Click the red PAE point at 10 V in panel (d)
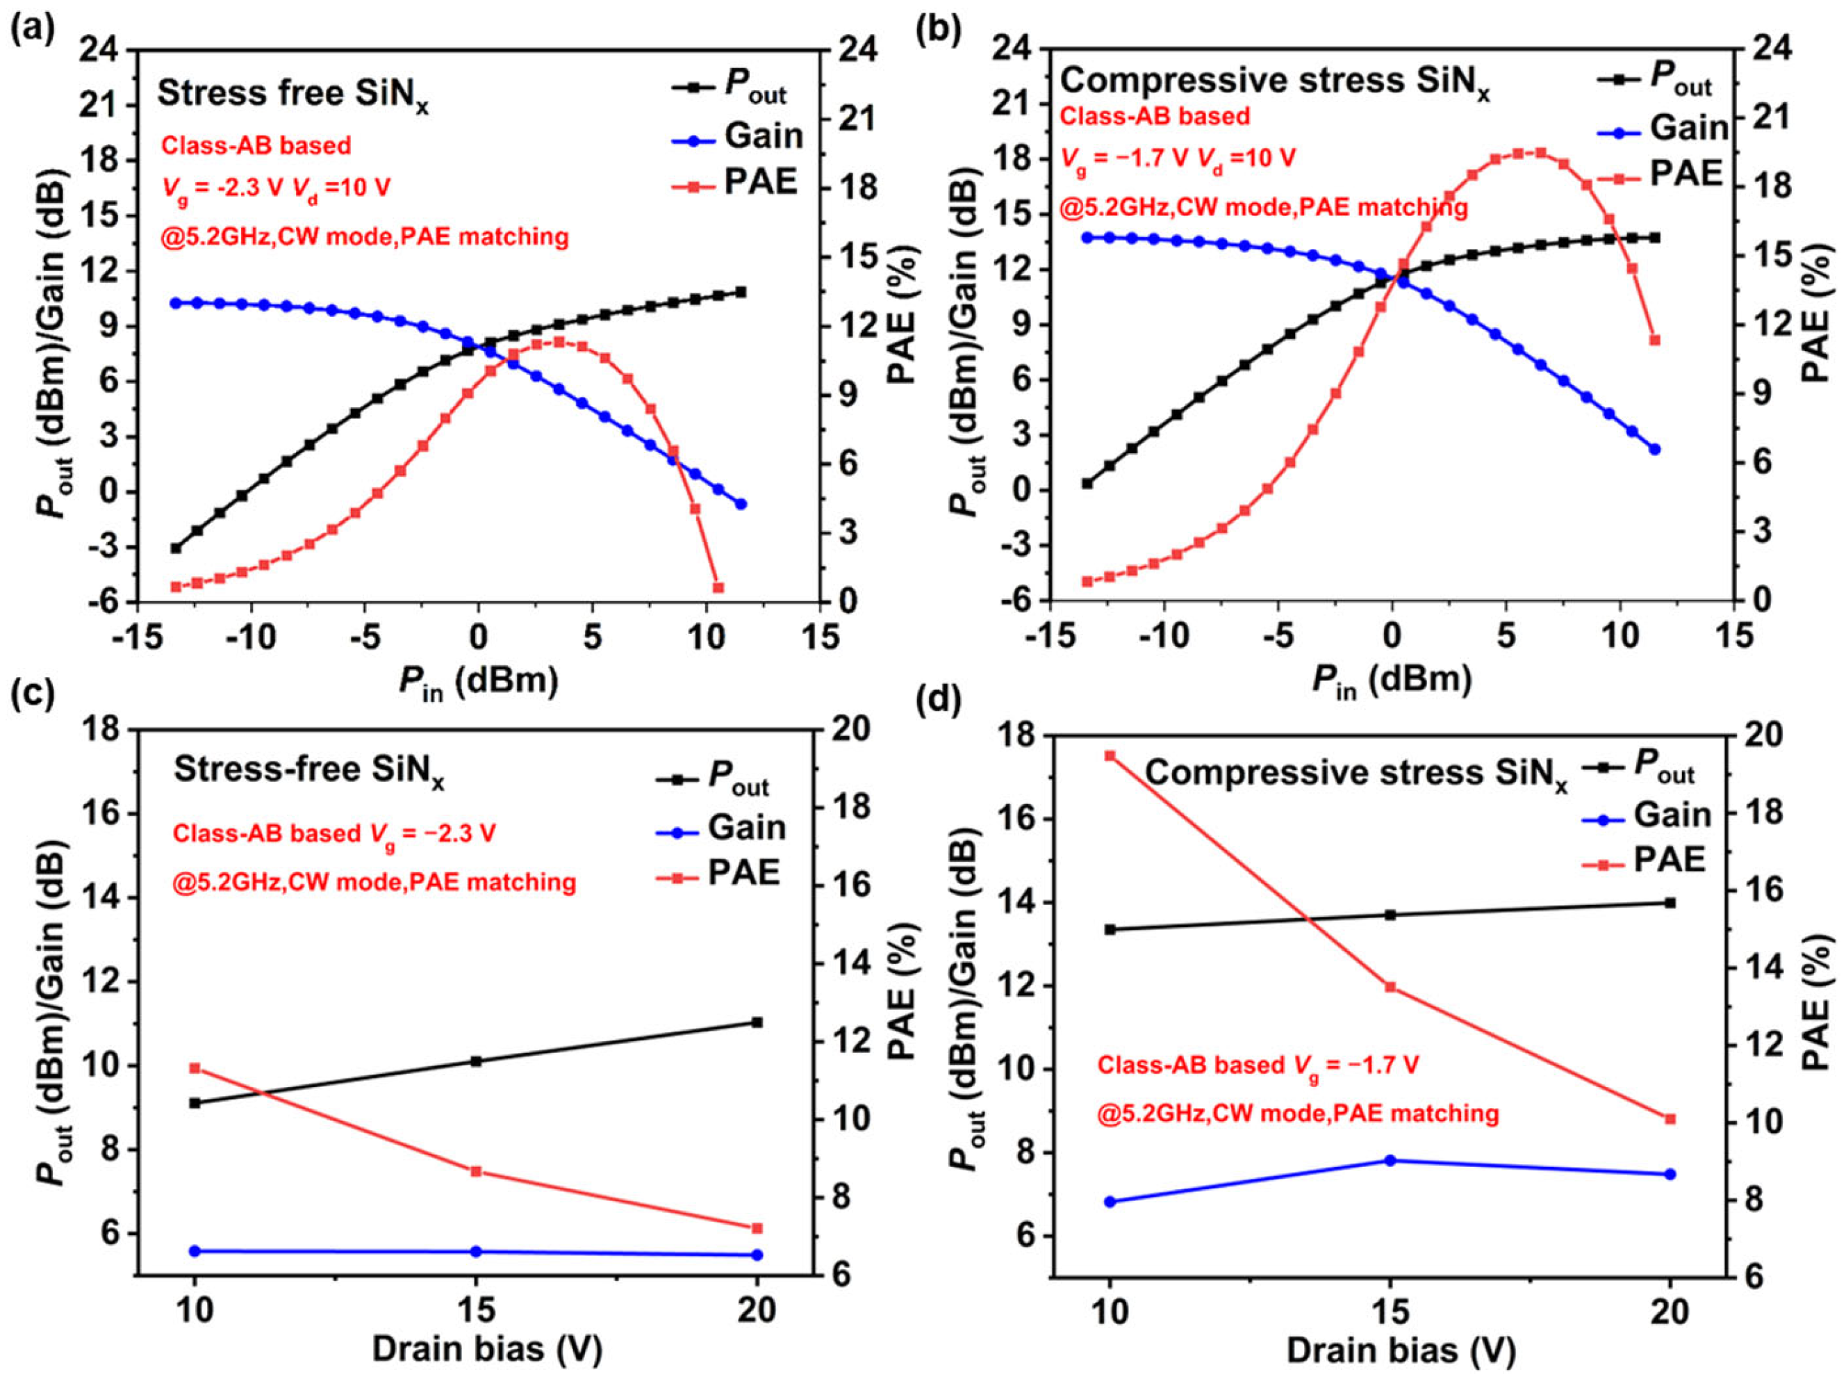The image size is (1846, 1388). point(1110,756)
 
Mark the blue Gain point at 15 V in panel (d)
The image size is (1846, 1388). point(1390,1161)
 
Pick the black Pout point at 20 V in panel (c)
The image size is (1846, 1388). point(757,1022)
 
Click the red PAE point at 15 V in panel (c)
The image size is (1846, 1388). point(477,1171)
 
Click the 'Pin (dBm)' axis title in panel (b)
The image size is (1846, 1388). point(1391,681)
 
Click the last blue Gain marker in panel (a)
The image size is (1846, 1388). point(740,504)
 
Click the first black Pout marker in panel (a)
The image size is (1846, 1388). point(175,548)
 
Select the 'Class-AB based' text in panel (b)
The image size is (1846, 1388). point(1155,116)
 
